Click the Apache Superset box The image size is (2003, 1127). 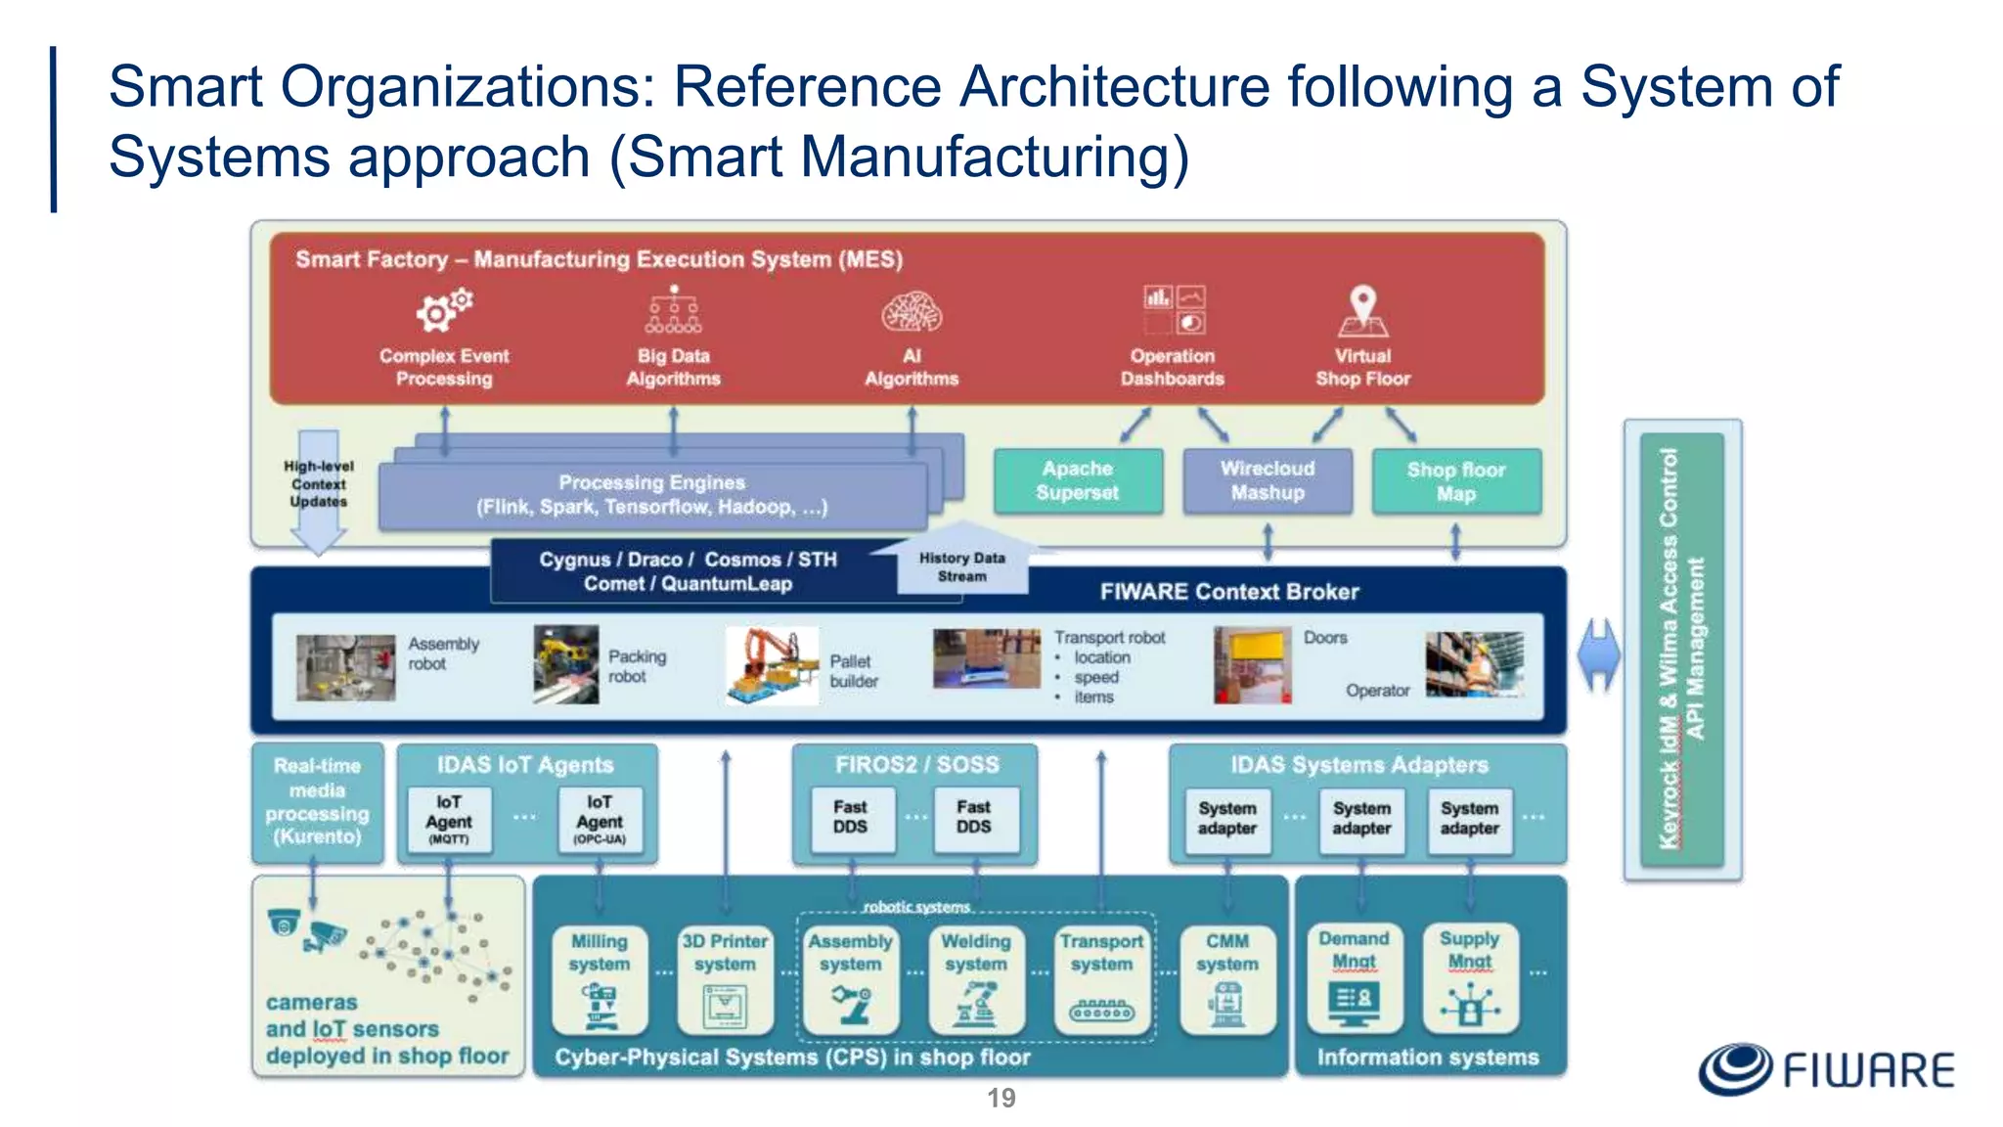coord(1078,481)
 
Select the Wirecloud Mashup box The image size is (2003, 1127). coord(1268,481)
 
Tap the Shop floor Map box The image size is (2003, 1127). coord(1456,481)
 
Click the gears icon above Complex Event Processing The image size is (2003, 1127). coord(444,310)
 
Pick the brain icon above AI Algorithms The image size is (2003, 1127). coord(912,313)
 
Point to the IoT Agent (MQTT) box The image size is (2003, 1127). coord(449,820)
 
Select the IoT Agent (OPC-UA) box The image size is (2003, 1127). coord(600,820)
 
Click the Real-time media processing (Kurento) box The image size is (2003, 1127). coord(317,802)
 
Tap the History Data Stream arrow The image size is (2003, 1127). coord(962,562)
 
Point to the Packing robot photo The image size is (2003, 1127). coord(566,664)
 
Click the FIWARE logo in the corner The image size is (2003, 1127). coord(1826,1069)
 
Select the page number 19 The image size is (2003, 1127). coord(1001,1098)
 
